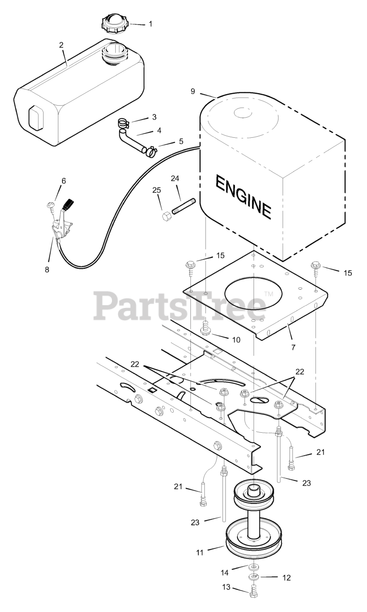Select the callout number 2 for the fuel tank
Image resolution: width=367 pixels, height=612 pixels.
tap(61, 45)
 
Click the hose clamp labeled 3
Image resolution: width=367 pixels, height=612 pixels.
tap(123, 126)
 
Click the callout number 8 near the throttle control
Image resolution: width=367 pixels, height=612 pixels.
tap(46, 270)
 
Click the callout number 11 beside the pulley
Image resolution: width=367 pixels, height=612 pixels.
tap(200, 552)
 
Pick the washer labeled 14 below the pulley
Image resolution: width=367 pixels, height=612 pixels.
tap(254, 567)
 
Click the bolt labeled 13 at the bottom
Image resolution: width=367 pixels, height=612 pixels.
tap(253, 593)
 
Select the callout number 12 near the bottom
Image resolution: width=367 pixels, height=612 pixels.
tap(287, 578)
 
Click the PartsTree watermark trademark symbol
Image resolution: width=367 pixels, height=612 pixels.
tap(268, 295)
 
